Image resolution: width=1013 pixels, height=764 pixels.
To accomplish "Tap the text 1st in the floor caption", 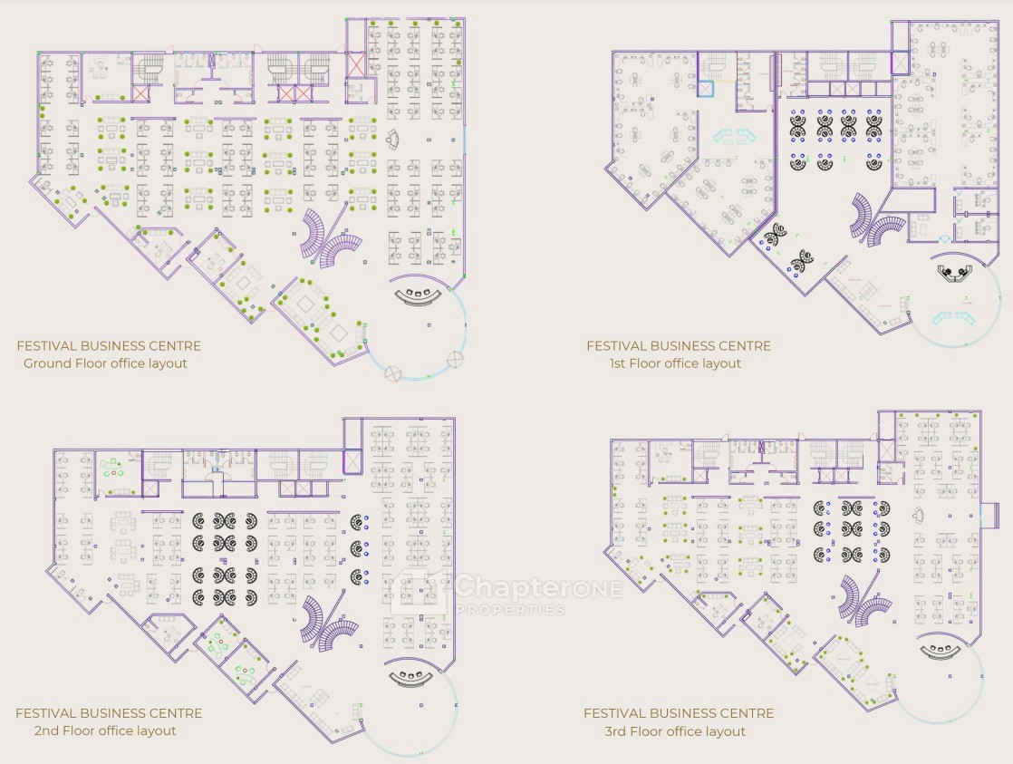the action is point(617,363).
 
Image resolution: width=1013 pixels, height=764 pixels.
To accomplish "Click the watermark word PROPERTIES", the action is point(510,610).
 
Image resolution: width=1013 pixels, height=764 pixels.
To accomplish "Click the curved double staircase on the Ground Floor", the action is point(331,237).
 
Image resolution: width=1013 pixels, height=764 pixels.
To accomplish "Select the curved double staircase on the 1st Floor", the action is point(878,219).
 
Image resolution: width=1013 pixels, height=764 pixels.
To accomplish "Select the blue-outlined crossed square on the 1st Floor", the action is point(705,89).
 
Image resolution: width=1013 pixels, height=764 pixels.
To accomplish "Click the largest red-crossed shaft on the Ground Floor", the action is point(355,64).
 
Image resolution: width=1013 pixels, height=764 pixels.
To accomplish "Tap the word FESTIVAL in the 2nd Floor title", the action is point(46,713).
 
